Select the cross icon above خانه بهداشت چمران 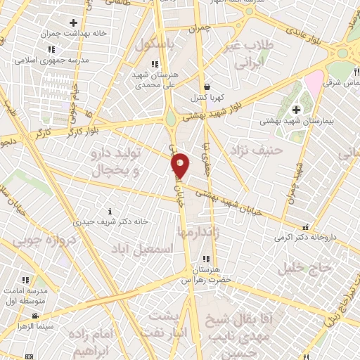click(73, 23)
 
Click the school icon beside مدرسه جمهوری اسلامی click(51, 49)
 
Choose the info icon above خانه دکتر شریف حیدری click(109, 211)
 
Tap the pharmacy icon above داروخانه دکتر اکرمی click(306, 226)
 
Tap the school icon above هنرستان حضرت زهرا click(205, 259)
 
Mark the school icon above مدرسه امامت click(25, 280)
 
